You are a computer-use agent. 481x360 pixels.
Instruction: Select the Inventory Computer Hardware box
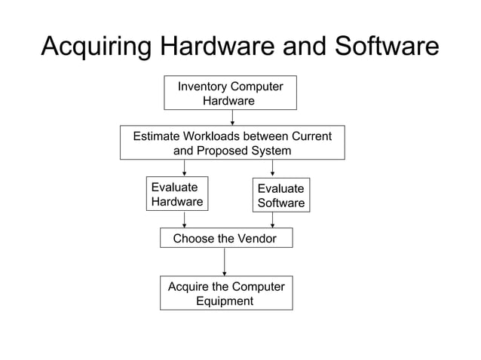pos(230,93)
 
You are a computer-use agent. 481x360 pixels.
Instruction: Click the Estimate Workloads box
pos(232,142)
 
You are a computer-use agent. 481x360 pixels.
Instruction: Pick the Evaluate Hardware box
pos(177,194)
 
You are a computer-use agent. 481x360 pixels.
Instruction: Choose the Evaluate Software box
pos(280,195)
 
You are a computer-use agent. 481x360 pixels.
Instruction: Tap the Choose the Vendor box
pos(225,238)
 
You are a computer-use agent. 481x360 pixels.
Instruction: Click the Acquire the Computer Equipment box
pos(225,293)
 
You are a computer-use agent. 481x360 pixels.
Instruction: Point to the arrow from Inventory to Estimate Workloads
pos(232,117)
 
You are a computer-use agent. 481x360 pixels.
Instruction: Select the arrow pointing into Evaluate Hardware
pos(185,168)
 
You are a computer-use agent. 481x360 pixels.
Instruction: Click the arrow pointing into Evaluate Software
pos(272,168)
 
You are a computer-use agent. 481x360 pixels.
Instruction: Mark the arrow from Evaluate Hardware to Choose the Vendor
pos(185,219)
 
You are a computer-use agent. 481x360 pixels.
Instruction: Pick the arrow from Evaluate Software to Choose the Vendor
pos(272,220)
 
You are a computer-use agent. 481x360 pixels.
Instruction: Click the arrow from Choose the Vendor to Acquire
pos(225,261)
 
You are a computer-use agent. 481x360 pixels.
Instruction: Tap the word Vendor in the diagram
pos(257,239)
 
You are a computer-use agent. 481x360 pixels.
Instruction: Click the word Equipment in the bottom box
pos(225,301)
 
